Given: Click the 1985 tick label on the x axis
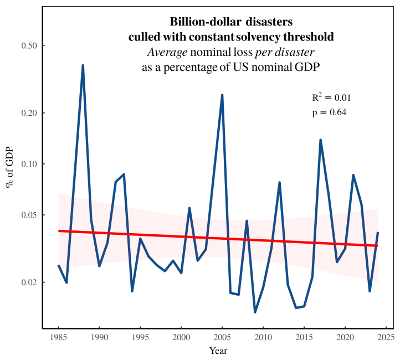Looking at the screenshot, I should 58,337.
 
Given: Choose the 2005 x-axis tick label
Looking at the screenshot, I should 222,337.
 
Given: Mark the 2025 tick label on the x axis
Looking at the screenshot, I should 386,337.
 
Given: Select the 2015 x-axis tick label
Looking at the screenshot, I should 304,337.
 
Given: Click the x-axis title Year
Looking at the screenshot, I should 218,351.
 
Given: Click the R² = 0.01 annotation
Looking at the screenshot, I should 331,97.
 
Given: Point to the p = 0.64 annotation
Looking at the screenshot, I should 330,112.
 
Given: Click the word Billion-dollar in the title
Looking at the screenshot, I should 201,22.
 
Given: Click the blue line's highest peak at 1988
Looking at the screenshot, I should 83,65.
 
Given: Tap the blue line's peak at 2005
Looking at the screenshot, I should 222,95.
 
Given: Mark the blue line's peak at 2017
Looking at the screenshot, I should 320,140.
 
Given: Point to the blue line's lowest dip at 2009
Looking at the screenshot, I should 255,312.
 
